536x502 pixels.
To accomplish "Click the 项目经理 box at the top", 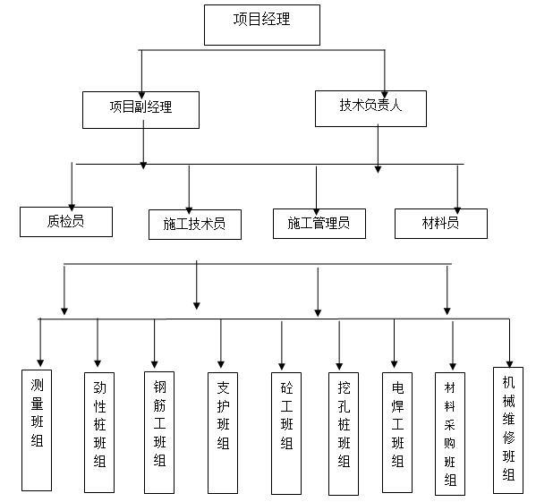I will tap(261, 24).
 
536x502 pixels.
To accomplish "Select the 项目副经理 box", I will tap(140, 108).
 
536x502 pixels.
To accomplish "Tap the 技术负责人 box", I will tap(370, 106).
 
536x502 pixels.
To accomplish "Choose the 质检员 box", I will tap(66, 221).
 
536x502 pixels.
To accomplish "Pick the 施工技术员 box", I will tap(194, 224).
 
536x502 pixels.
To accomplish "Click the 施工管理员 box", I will tap(319, 223).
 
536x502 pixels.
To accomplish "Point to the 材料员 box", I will tap(440, 223).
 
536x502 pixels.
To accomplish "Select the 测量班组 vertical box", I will tap(37, 428).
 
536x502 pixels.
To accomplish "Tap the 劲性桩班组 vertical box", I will tap(98, 430).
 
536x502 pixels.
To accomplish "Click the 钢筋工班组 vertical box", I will tap(159, 429).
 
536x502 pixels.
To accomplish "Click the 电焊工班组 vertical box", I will tap(397, 430).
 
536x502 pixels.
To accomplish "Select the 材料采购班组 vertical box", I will tap(450, 433).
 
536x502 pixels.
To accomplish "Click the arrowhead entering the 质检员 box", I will tap(72, 203).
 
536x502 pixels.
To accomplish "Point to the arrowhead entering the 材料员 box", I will tap(457, 205).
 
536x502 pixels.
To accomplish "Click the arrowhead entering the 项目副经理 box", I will tap(141, 87).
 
